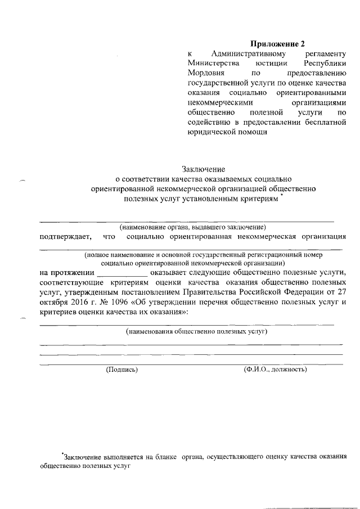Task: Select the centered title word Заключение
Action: [203, 169]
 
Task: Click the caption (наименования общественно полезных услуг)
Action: [196, 332]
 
